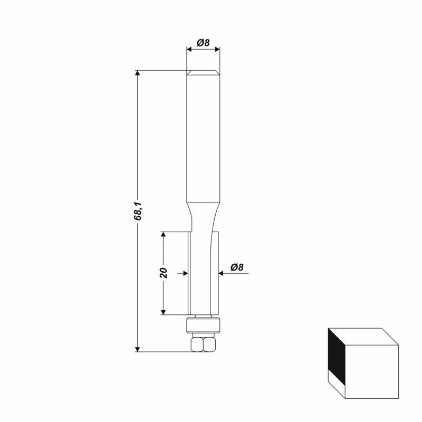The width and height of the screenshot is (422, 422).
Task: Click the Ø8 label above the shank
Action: coord(203,43)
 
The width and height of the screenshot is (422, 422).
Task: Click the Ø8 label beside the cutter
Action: coord(237,267)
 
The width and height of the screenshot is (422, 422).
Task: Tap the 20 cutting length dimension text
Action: coord(164,273)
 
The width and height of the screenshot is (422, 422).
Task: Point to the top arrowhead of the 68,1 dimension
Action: coord(138,73)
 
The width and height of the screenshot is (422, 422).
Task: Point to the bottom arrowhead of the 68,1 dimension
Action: coord(138,349)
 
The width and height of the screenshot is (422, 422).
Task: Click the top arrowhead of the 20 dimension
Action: coord(163,234)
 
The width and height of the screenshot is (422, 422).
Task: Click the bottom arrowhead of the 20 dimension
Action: coord(163,312)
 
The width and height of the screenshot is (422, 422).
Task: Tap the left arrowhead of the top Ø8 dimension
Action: coord(189,49)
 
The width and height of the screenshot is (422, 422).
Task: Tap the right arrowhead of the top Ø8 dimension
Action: coord(217,49)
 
